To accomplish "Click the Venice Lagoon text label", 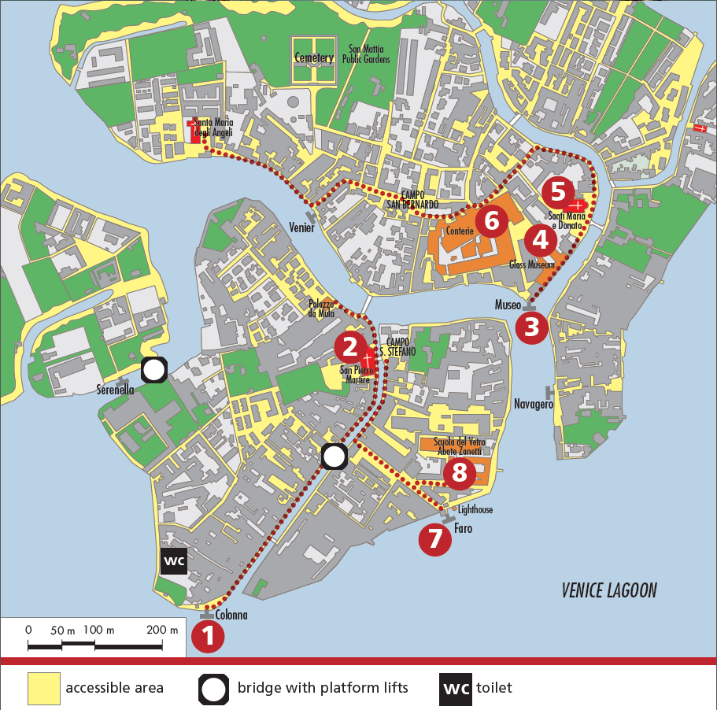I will pyautogui.click(x=609, y=590).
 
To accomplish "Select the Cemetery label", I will pyautogui.click(x=314, y=58).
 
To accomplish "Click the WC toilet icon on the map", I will pyautogui.click(x=173, y=561).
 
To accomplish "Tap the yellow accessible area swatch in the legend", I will pyautogui.click(x=44, y=688).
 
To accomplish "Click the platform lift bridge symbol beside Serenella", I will pyautogui.click(x=154, y=369).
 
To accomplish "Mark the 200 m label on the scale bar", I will pyautogui.click(x=162, y=630).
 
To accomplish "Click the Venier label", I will pyautogui.click(x=301, y=228).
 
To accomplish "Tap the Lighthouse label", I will pyautogui.click(x=475, y=510).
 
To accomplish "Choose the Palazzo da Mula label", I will pyautogui.click(x=321, y=309).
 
